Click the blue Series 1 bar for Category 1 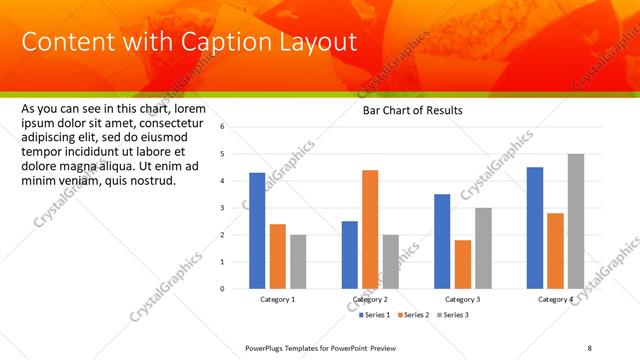coord(257,231)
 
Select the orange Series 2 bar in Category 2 coord(370,229)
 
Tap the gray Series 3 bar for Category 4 coord(575,221)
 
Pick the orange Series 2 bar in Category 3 coord(462,264)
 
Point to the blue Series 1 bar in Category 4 coord(535,228)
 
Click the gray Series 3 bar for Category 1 coord(298,262)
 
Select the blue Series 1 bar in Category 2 coord(349,255)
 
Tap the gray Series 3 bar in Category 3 coord(483,248)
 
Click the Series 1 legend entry coord(376,315)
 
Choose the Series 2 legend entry coord(417,315)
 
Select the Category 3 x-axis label coord(462,299)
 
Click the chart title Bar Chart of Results coord(412,110)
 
